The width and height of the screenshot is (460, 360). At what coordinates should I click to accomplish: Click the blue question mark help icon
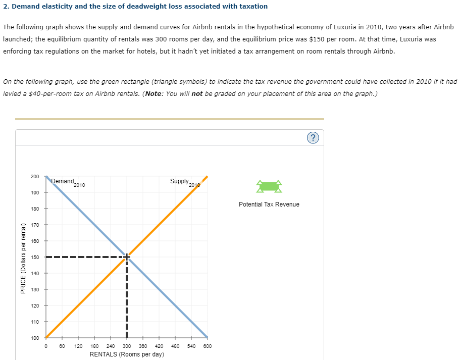pyautogui.click(x=313, y=138)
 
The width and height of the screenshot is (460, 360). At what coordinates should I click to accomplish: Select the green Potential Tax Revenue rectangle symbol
pyautogui.click(x=269, y=186)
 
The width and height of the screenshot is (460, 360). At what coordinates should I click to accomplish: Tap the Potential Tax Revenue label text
pyautogui.click(x=269, y=204)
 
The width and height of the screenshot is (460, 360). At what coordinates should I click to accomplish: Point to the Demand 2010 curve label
pyautogui.click(x=68, y=182)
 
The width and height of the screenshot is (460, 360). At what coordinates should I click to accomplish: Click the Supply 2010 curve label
pyautogui.click(x=185, y=182)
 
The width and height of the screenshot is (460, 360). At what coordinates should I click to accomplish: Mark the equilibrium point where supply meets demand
pyautogui.click(x=126, y=257)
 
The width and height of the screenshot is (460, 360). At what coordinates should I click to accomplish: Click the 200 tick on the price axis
pyautogui.click(x=34, y=176)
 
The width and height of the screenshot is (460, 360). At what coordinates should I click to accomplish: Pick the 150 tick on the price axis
pyautogui.click(x=34, y=257)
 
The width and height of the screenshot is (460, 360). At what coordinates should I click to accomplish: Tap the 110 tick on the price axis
pyautogui.click(x=34, y=322)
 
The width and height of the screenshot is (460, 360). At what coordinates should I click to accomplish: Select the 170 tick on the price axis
pyautogui.click(x=34, y=225)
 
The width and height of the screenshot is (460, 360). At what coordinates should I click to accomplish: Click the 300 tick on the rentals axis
pyautogui.click(x=127, y=346)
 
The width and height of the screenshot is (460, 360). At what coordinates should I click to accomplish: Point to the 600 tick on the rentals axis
pyautogui.click(x=208, y=346)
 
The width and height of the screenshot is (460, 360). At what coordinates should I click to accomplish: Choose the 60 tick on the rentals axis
pyautogui.click(x=62, y=346)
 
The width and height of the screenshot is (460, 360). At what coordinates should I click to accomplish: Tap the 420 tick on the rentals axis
pyautogui.click(x=159, y=346)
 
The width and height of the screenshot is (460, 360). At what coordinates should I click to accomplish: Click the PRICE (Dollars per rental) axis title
pyautogui.click(x=23, y=258)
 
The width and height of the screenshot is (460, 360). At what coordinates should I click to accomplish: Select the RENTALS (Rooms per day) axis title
pyautogui.click(x=127, y=354)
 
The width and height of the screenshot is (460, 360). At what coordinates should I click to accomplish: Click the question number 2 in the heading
pyautogui.click(x=6, y=7)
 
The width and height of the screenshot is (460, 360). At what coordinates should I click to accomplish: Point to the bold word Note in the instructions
pyautogui.click(x=154, y=94)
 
